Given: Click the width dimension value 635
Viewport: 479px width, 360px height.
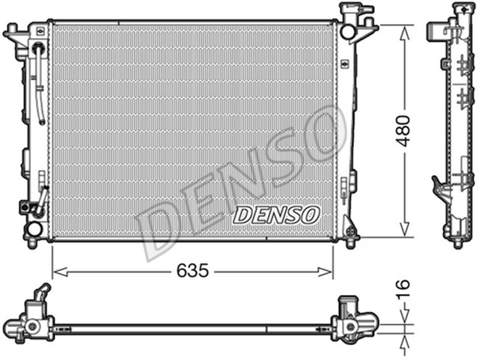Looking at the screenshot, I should pyautogui.click(x=193, y=270).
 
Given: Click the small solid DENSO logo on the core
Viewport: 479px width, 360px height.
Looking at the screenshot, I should pyautogui.click(x=276, y=215).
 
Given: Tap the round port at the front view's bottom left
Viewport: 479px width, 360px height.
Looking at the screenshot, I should pyautogui.click(x=34, y=229).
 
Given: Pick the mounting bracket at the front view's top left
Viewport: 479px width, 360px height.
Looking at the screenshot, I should pyautogui.click(x=13, y=34).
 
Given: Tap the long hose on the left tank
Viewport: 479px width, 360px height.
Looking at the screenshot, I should pyautogui.click(x=40, y=82).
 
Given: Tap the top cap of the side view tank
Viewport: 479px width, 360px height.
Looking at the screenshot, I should pyautogui.click(x=457, y=15).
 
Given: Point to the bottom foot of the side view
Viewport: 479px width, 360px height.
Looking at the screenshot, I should pyautogui.click(x=457, y=241).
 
